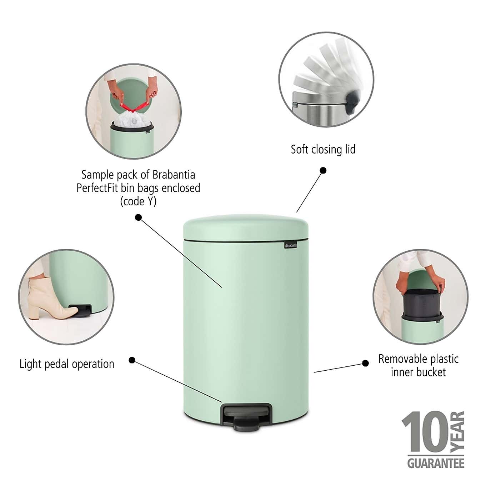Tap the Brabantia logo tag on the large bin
[291, 245]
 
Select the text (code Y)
[138, 201]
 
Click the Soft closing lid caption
[323, 149]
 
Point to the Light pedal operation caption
[67, 364]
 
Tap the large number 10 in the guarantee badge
[425, 432]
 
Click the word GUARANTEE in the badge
[436, 463]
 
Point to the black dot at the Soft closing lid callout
[323, 170]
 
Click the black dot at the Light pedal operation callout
[132, 360]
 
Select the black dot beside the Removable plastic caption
[365, 363]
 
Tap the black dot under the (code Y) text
[138, 217]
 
